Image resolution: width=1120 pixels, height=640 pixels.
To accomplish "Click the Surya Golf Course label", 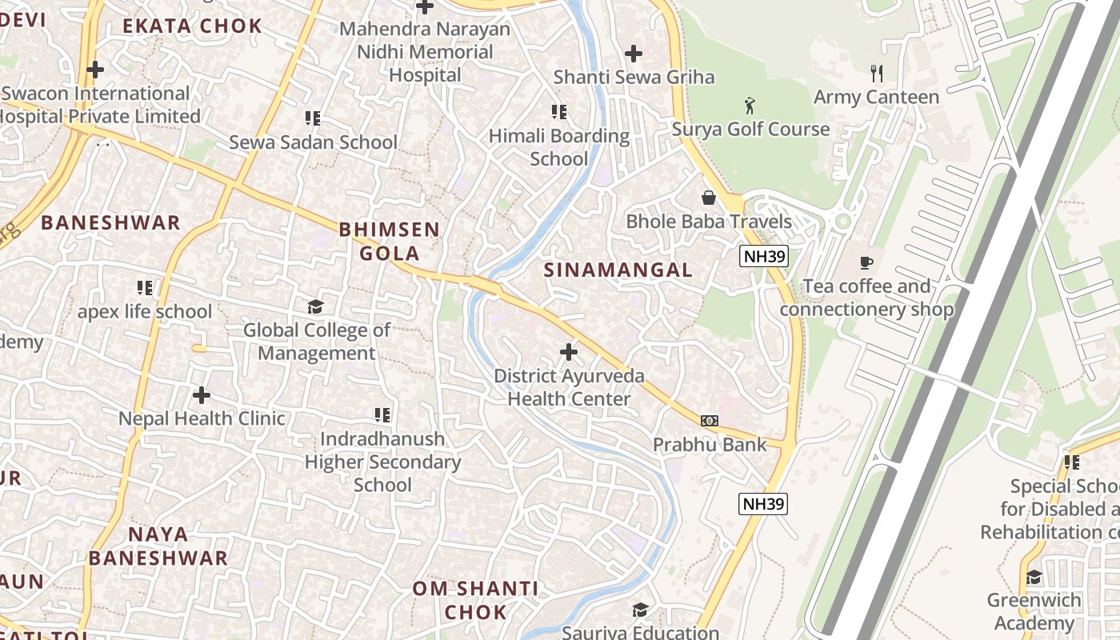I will [750, 129].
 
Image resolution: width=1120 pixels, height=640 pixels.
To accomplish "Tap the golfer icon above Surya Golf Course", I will [750, 106].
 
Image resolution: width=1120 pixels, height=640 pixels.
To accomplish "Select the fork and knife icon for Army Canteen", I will [877, 74].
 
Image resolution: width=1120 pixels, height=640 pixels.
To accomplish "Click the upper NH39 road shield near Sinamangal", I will [763, 256].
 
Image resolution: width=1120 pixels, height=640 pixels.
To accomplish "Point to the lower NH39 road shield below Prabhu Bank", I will [763, 503].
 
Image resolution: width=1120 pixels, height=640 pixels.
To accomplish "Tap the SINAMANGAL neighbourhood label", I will [618, 270].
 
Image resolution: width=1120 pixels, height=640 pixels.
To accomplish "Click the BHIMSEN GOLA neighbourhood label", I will [390, 242].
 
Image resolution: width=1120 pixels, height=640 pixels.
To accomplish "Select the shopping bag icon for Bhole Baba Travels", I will [708, 198].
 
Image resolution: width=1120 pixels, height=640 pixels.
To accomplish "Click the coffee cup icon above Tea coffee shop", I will [866, 262].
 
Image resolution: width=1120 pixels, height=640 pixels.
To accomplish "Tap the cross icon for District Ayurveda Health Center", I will [569, 351].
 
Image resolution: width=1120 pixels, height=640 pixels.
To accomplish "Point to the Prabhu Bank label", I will [710, 444].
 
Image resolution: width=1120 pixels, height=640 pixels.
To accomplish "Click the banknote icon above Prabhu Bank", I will [709, 421].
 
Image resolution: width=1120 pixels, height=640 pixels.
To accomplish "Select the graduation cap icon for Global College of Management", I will [316, 306].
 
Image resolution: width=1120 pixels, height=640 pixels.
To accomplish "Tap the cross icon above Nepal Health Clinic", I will [202, 394].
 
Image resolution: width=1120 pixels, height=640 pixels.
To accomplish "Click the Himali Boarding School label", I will [559, 147].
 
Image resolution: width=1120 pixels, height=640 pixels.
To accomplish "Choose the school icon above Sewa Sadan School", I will [313, 118].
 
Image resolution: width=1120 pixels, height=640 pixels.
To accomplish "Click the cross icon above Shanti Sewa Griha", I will [634, 54].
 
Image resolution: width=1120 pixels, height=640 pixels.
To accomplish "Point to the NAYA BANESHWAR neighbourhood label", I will [158, 546].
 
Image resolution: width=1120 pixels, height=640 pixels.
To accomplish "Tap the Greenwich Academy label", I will [1034, 611].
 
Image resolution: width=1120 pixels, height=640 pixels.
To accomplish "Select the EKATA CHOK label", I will [192, 26].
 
